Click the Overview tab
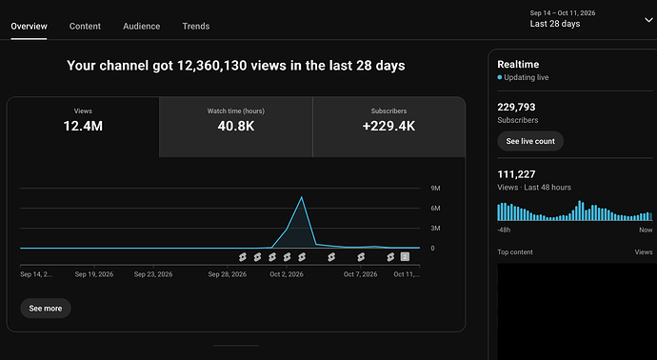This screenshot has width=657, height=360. [x=29, y=26]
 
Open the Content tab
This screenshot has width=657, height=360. [x=85, y=26]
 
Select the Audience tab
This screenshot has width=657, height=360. [x=142, y=26]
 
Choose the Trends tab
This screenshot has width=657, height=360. [x=196, y=26]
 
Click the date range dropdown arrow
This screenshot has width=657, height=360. [x=648, y=20]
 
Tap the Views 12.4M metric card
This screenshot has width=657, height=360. [x=83, y=127]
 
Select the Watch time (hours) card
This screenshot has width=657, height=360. [x=236, y=127]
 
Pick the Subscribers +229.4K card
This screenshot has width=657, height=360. [x=388, y=127]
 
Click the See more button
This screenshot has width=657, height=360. [x=46, y=308]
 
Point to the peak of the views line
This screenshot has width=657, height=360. [x=301, y=197]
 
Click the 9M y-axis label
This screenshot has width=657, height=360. [x=435, y=189]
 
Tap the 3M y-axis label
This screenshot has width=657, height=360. [x=435, y=228]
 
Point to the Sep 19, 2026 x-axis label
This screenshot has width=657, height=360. [x=94, y=274]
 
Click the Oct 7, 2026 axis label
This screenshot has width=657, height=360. [x=360, y=274]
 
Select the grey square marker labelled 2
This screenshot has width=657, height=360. [x=405, y=256]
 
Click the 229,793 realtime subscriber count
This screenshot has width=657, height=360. [x=516, y=107]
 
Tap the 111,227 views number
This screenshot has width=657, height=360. [x=516, y=174]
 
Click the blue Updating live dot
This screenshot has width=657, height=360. [x=500, y=77]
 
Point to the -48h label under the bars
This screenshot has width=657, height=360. [x=504, y=230]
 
